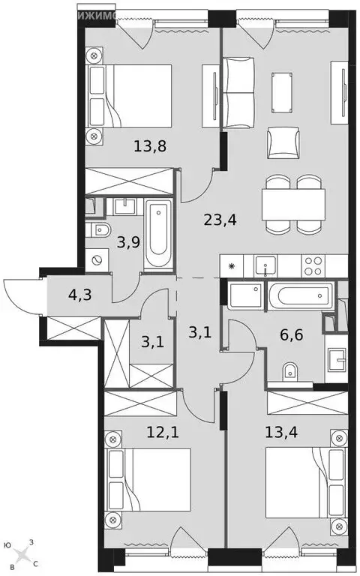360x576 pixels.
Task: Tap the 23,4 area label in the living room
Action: (x=218, y=220)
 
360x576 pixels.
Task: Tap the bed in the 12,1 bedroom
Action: (x=149, y=480)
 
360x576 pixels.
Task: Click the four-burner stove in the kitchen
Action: (x=313, y=265)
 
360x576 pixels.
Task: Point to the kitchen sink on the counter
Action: (x=265, y=265)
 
